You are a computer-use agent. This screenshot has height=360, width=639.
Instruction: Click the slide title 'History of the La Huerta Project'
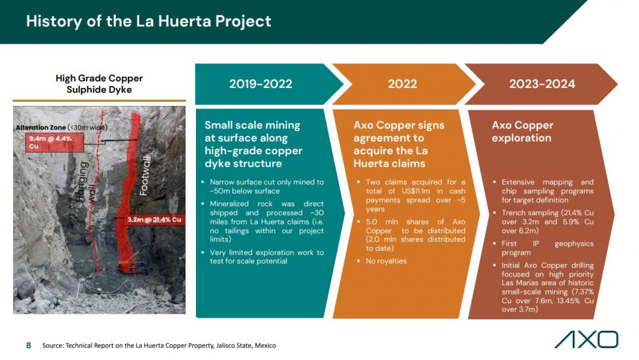click(149, 21)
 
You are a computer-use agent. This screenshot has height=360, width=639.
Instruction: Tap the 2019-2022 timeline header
click(261, 84)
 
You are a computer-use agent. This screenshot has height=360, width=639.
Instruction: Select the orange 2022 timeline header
click(402, 84)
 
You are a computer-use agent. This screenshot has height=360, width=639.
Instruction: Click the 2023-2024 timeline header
click(542, 84)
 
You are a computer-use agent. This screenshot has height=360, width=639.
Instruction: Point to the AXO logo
click(587, 339)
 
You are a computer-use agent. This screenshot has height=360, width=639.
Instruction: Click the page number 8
click(29, 346)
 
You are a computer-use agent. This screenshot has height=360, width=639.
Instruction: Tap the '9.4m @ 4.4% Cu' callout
click(55, 142)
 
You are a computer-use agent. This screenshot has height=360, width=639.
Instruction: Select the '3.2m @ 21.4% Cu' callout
click(154, 220)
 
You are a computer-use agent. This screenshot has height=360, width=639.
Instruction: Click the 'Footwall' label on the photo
click(145, 175)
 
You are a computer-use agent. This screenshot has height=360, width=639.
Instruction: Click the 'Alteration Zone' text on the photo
click(41, 127)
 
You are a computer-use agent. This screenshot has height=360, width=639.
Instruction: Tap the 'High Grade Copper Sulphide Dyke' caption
click(99, 84)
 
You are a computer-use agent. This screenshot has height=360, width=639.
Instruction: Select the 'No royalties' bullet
click(386, 261)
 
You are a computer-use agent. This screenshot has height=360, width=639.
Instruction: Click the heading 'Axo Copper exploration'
click(522, 131)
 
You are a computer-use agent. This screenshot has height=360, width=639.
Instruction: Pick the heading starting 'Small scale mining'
click(253, 144)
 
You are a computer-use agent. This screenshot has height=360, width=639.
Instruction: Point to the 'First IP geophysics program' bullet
click(547, 248)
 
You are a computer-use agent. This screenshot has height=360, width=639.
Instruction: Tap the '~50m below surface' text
click(245, 191)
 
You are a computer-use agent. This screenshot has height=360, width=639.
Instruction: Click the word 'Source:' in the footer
click(52, 346)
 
